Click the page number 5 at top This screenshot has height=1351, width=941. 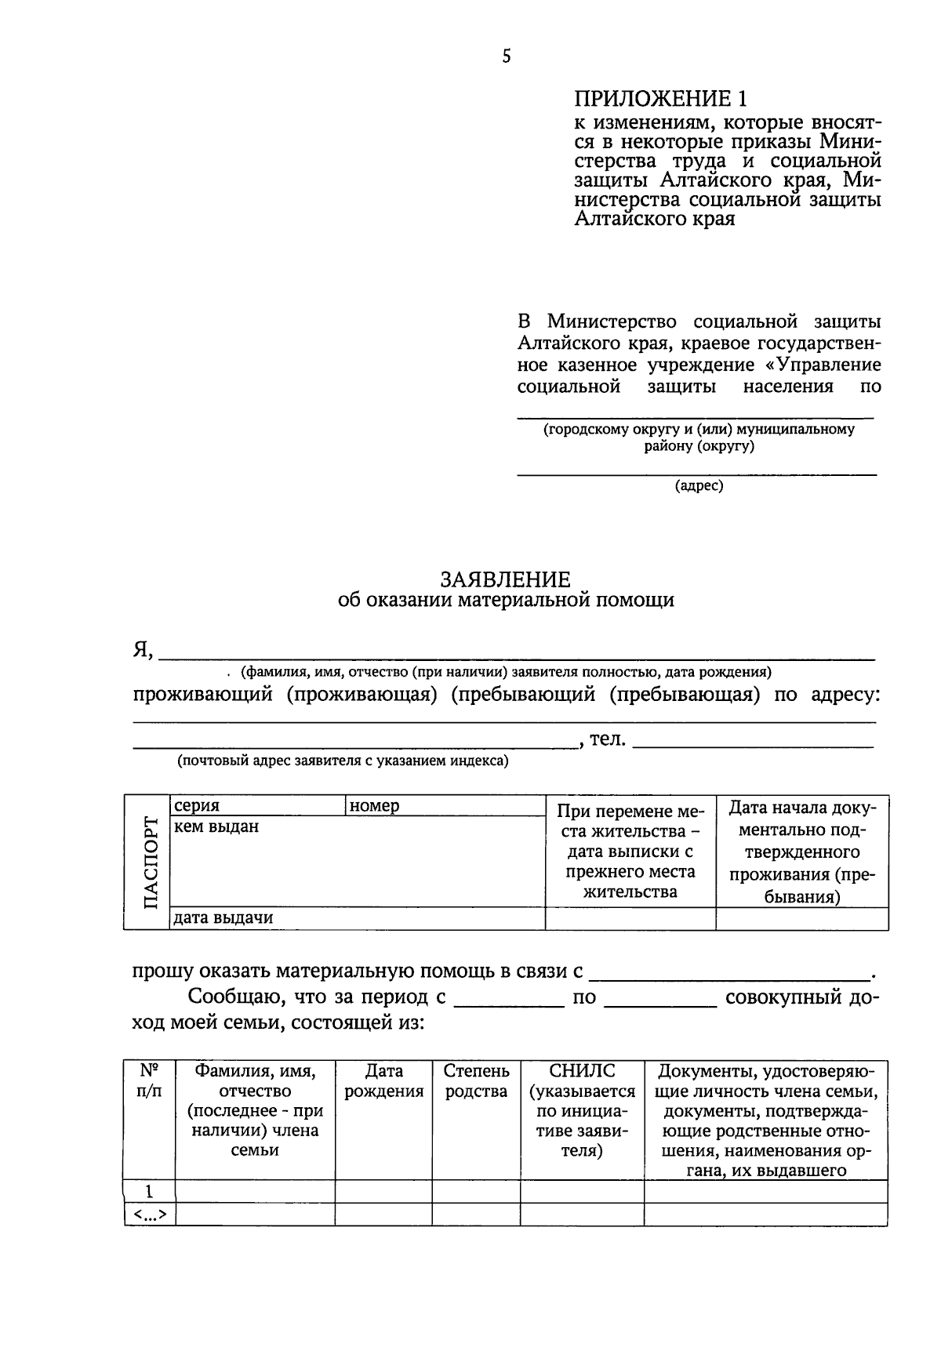click(506, 56)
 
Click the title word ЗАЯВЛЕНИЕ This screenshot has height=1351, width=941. click(505, 579)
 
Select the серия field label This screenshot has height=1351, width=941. click(197, 806)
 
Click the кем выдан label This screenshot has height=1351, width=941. click(216, 826)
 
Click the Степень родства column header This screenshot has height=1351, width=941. click(476, 1081)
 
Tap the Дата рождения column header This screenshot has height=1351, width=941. click(383, 1081)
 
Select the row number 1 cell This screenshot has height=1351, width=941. click(149, 1192)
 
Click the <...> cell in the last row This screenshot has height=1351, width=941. click(149, 1215)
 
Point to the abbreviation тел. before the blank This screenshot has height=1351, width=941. click(607, 739)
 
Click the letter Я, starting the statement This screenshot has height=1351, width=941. click(142, 650)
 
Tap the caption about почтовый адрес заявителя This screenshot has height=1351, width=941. click(343, 761)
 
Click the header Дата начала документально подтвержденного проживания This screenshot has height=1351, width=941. click(801, 852)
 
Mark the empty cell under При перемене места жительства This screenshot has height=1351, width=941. click(630, 919)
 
